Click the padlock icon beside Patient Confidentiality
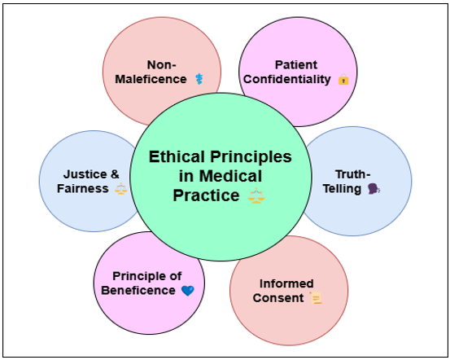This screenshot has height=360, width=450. [343, 79]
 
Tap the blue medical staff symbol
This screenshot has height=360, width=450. [199, 79]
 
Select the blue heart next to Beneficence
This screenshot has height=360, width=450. [188, 291]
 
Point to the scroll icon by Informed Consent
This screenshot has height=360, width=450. [316, 297]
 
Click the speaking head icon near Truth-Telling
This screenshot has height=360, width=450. [374, 189]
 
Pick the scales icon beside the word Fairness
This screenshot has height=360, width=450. [120, 189]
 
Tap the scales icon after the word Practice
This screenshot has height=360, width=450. [256, 195]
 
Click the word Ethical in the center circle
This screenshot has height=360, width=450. [177, 157]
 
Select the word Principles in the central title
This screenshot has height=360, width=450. [251, 157]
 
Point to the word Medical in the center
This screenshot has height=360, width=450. [230, 176]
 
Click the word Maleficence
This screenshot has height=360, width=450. [151, 79]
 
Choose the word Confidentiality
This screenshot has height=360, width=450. [287, 79]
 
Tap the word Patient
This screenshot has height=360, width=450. [296, 65]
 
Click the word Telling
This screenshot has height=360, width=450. [342, 189]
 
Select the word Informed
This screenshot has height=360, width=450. [286, 283]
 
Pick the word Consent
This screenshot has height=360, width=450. [278, 298]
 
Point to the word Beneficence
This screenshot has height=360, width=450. [138, 291]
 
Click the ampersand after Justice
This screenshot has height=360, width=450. [115, 174]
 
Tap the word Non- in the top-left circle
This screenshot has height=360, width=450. [162, 65]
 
